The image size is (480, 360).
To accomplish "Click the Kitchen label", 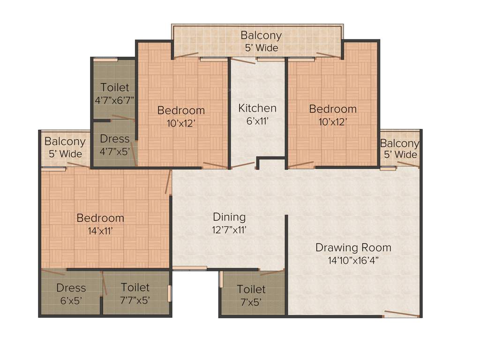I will point(257,108).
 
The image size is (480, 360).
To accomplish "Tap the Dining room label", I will point(229,217).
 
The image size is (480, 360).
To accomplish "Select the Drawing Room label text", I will point(353,247).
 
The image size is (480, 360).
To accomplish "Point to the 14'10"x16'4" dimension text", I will point(353,261).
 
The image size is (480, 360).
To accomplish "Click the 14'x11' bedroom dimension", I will point(100,230).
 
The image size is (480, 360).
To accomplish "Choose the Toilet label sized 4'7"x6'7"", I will point(114,88).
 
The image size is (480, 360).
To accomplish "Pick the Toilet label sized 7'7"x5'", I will point(135,287).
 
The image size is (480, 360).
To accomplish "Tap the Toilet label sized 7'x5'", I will point(251,289).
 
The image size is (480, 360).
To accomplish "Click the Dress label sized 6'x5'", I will point(71,288).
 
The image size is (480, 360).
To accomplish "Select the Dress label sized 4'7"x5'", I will point(114,139).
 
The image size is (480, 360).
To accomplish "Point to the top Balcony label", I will point(261,35).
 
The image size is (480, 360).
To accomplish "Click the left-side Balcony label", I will point(65,142).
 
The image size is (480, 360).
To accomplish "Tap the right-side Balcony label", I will point(399,143).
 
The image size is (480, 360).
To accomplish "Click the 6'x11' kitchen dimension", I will point(257,121).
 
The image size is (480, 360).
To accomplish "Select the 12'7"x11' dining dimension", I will point(229,230).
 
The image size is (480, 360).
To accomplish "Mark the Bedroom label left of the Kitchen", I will point(181,111).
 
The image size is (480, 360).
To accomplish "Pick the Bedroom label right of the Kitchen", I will point(333,109).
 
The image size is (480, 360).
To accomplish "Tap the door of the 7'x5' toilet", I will point(272,272).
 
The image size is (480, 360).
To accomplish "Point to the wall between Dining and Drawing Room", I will point(286,244).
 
